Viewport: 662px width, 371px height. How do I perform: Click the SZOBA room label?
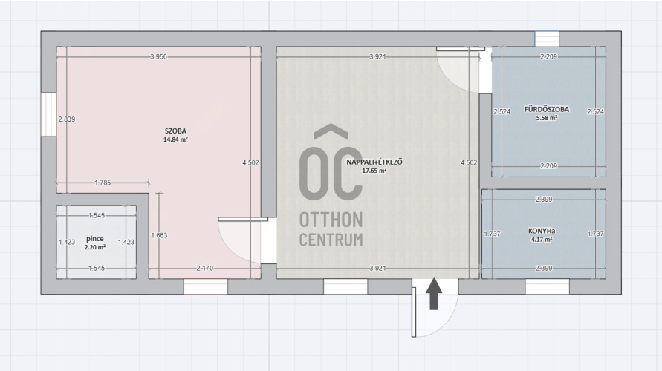[x=175, y=131]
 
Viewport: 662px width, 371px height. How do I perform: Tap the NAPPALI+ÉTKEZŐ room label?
[x=374, y=162]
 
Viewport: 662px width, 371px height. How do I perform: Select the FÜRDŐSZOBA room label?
[x=547, y=109]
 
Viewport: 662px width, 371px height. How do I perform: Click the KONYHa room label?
[x=542, y=231]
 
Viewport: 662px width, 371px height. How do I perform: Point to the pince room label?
[x=95, y=239]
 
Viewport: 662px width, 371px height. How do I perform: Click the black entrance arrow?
[x=434, y=293]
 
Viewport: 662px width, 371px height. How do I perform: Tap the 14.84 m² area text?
[x=175, y=139]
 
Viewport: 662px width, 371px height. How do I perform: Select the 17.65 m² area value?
[x=374, y=171]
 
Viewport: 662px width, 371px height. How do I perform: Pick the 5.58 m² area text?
[x=547, y=118]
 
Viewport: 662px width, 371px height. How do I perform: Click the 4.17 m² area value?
[x=542, y=240]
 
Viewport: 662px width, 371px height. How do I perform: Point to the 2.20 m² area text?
[x=95, y=248]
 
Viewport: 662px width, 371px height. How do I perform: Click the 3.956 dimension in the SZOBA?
[x=159, y=57]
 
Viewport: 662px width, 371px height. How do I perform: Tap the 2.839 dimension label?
[x=67, y=119]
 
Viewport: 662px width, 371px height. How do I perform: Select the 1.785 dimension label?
[x=103, y=183]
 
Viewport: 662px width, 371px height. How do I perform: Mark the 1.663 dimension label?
[x=159, y=235]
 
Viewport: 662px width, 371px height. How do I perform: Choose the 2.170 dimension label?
[x=205, y=268]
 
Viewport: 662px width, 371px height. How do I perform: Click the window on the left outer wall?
[x=48, y=114]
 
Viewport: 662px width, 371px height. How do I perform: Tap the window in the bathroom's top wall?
[x=547, y=39]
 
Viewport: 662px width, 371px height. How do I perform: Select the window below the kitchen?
[x=547, y=286]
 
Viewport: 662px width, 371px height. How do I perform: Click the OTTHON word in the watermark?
[x=331, y=220]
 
